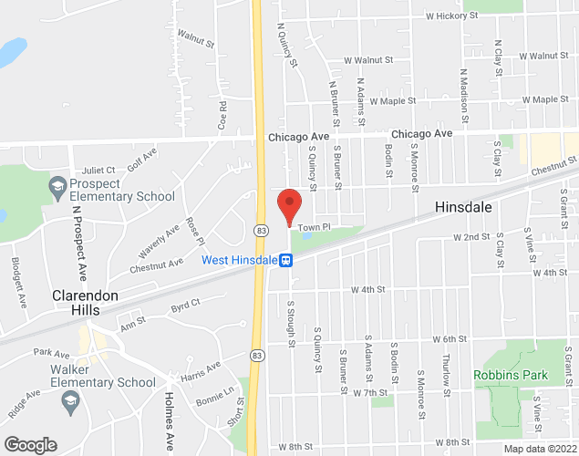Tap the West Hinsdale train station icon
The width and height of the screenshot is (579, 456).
pos(286,261)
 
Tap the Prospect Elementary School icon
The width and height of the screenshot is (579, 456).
pos(57,188)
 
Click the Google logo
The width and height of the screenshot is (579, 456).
pos(30,445)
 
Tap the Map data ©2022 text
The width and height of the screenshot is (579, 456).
pos(539,448)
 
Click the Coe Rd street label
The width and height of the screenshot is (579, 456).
pos(222,113)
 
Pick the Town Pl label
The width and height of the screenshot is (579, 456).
pos(312,224)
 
